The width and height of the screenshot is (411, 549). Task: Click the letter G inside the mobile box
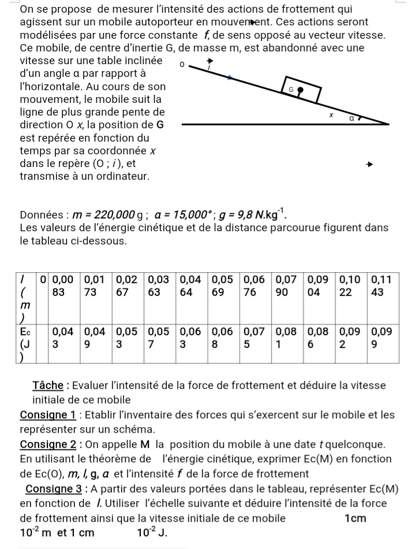[x=291, y=90]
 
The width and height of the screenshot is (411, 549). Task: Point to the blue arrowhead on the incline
[x=230, y=76]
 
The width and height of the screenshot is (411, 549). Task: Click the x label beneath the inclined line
[x=331, y=115]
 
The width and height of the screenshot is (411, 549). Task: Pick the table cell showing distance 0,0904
[x=318, y=285]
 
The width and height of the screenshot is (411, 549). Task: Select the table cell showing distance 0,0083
[x=63, y=285]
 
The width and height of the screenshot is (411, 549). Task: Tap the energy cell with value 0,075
[x=254, y=337]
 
